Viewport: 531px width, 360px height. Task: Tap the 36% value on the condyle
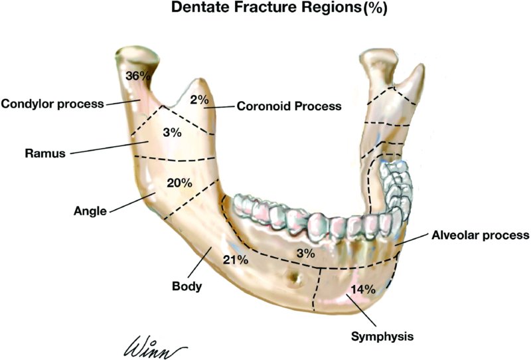tap(138, 76)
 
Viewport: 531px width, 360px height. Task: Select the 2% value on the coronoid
tap(198, 100)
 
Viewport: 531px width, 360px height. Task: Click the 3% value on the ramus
tap(171, 132)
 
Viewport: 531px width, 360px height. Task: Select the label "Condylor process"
tap(52, 104)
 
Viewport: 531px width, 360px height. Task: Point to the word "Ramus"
tap(46, 153)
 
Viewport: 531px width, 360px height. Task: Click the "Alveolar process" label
tap(480, 235)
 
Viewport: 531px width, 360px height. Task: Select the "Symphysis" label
tap(382, 336)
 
